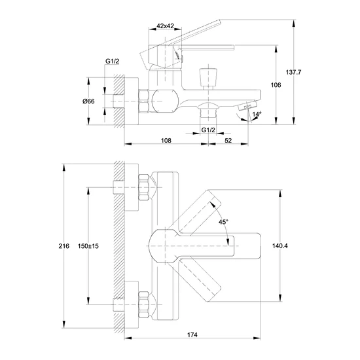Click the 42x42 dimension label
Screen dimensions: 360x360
coord(165,26)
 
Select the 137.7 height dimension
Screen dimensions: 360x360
coord(293,72)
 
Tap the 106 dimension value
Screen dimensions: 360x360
coord(276,85)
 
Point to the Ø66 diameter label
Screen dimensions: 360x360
coord(88,101)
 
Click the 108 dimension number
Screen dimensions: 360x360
coord(166,140)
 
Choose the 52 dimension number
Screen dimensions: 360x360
coord(228,140)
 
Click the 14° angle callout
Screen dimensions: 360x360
coord(257,114)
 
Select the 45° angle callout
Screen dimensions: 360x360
coord(223,222)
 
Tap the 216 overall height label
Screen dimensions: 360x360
coord(64,246)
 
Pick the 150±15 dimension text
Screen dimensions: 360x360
coord(88,246)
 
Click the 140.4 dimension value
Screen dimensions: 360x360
coord(280,246)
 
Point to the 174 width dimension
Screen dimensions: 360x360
coord(192,334)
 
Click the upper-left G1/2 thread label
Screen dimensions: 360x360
coord(113,62)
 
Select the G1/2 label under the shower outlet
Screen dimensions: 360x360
coord(208,130)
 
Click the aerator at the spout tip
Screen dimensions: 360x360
coord(247,105)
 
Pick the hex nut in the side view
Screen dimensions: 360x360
coord(144,101)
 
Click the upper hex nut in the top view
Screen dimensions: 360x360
coord(144,187)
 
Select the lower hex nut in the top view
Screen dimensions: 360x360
coord(144,304)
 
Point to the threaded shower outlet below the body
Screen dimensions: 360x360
coord(208,112)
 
